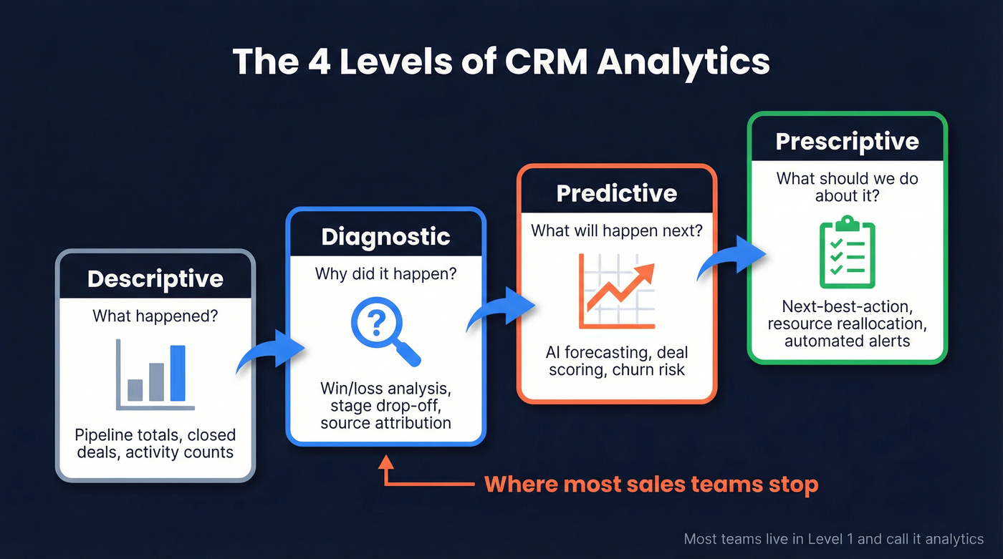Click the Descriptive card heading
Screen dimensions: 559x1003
(155, 278)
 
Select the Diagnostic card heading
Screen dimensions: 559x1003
(385, 237)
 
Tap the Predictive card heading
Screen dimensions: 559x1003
(616, 193)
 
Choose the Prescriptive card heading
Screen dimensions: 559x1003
(847, 141)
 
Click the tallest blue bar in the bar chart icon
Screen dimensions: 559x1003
(178, 374)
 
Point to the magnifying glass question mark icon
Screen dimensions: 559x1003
(383, 330)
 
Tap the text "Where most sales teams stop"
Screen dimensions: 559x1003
(651, 485)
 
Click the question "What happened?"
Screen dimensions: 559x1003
(155, 315)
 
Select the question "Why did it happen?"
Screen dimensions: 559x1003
(385, 273)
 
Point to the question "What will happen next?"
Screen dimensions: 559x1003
(616, 231)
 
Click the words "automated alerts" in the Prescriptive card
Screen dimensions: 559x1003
(847, 341)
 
